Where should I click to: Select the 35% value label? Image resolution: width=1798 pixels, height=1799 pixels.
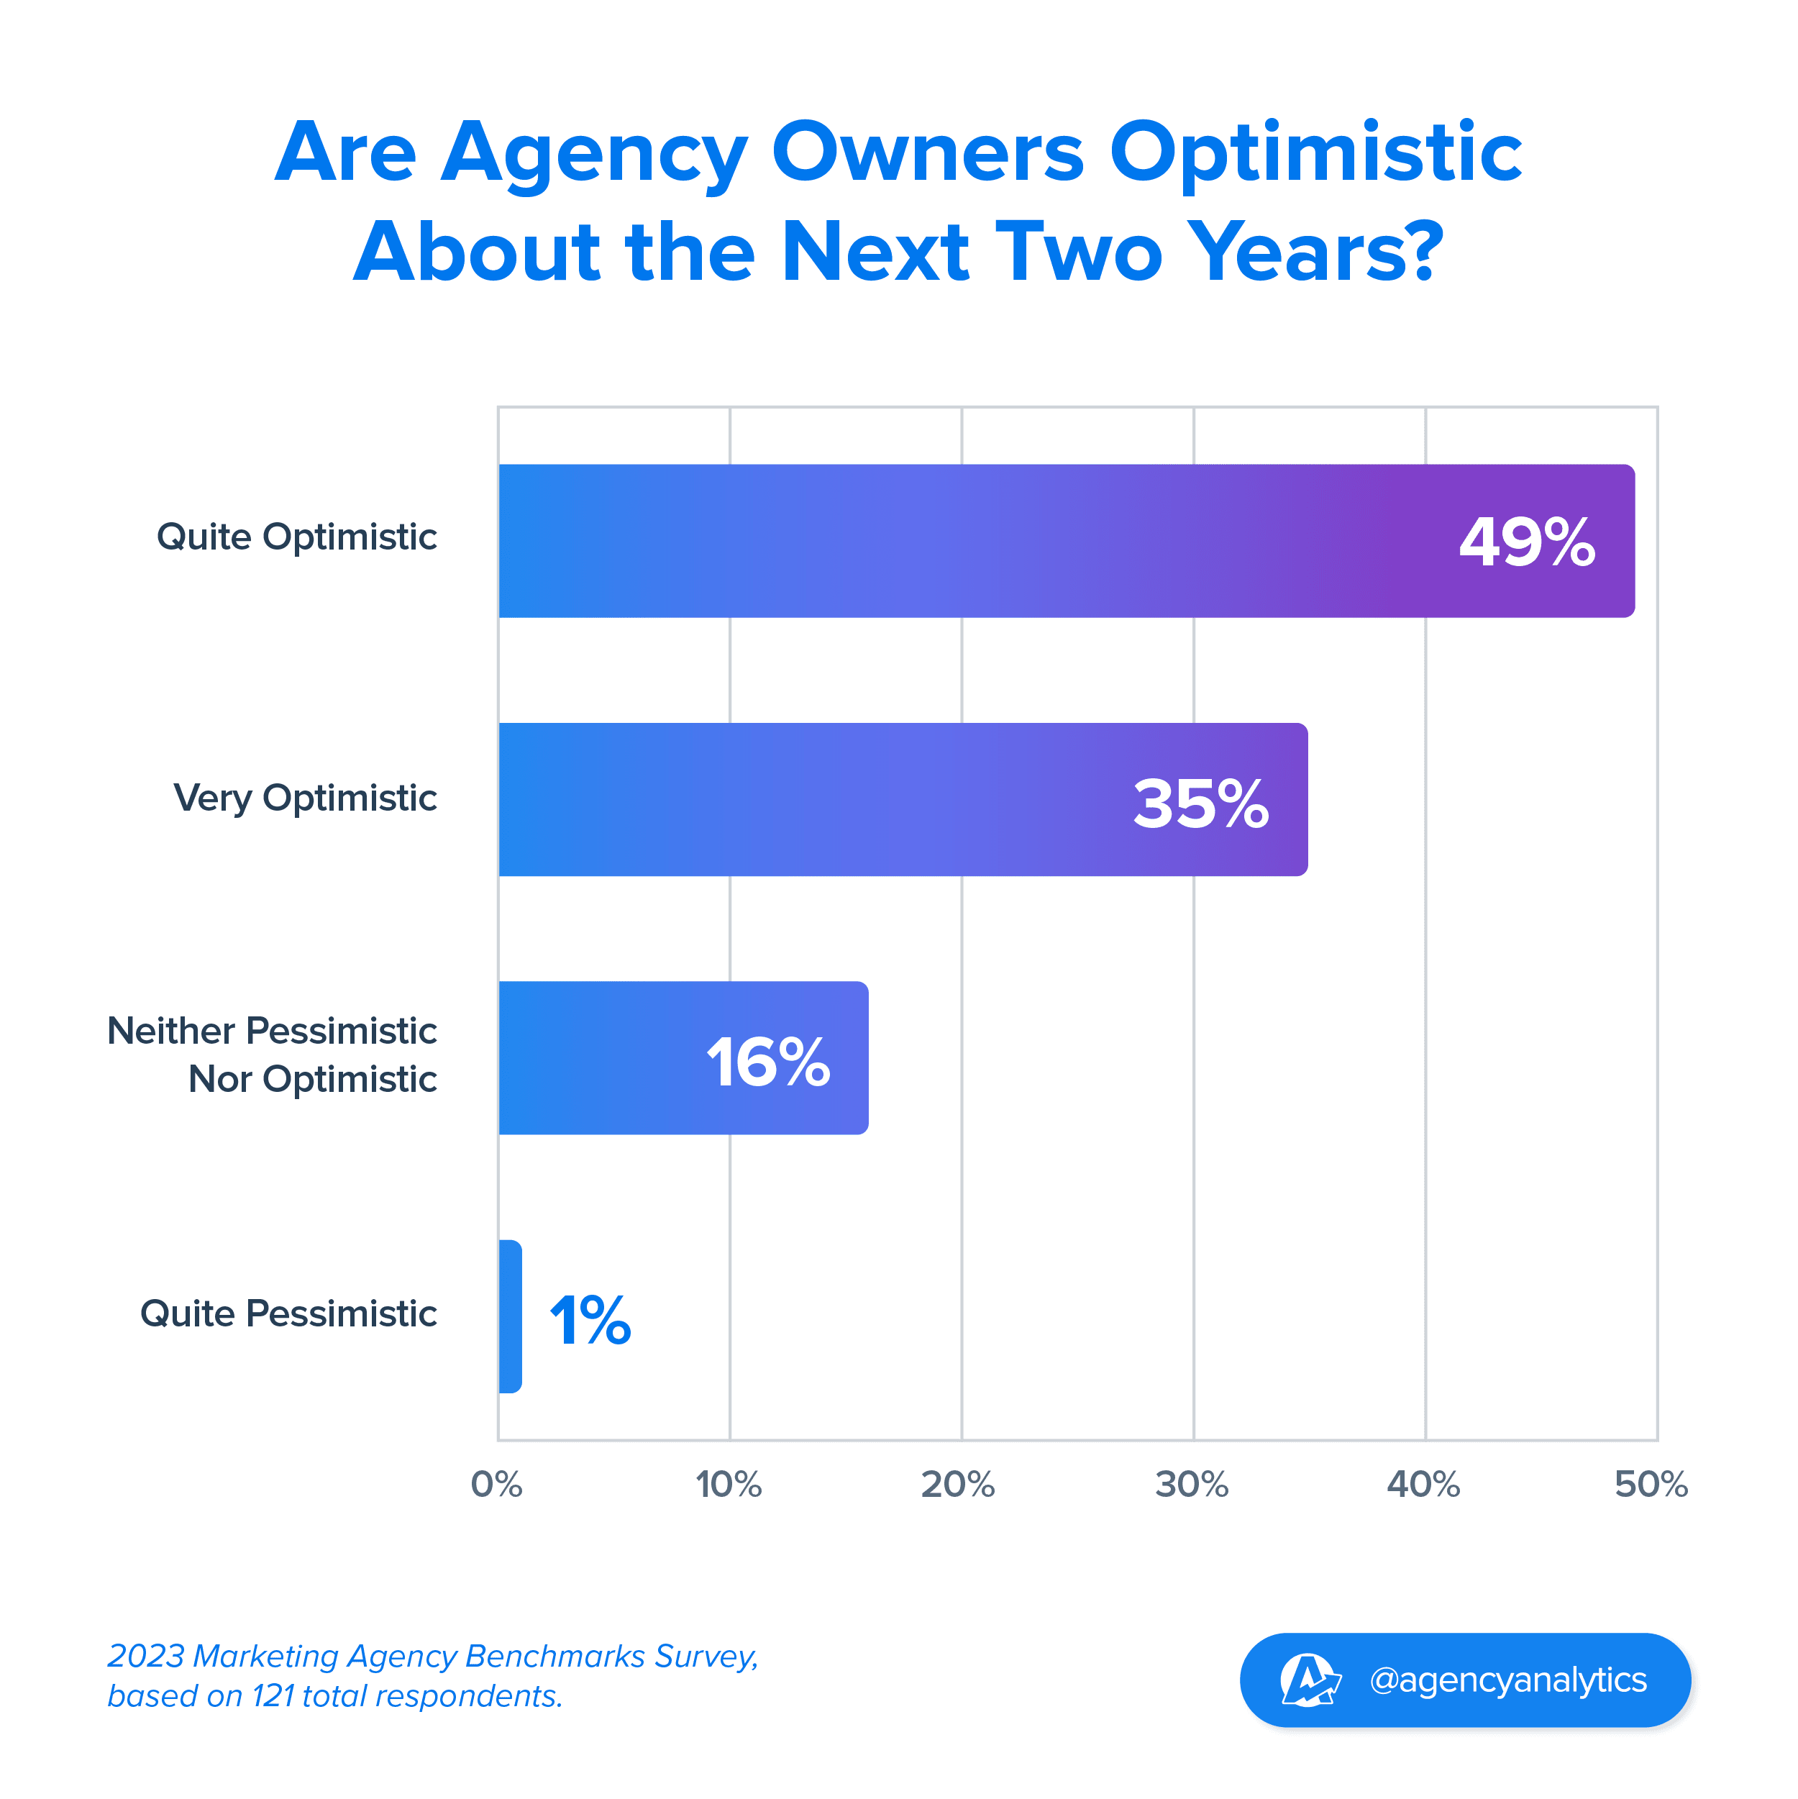click(1200, 803)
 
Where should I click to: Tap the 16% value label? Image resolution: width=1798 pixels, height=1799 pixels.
click(768, 1062)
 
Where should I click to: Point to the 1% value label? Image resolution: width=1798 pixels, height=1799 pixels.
click(590, 1321)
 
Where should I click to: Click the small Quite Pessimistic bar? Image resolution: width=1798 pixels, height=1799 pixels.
click(510, 1316)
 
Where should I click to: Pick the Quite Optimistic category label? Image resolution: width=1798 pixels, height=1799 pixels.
click(296, 537)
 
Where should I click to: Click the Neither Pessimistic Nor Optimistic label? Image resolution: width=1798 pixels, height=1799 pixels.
click(272, 1055)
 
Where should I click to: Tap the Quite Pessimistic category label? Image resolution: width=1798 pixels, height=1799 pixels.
click(288, 1314)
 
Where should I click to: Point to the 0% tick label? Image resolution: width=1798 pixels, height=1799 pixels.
click(496, 1484)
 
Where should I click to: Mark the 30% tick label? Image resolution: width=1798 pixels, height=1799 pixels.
click(1192, 1484)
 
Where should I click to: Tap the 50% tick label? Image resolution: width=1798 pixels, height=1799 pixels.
click(1651, 1484)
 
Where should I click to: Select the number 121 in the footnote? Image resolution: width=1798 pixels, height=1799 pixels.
click(274, 1697)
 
